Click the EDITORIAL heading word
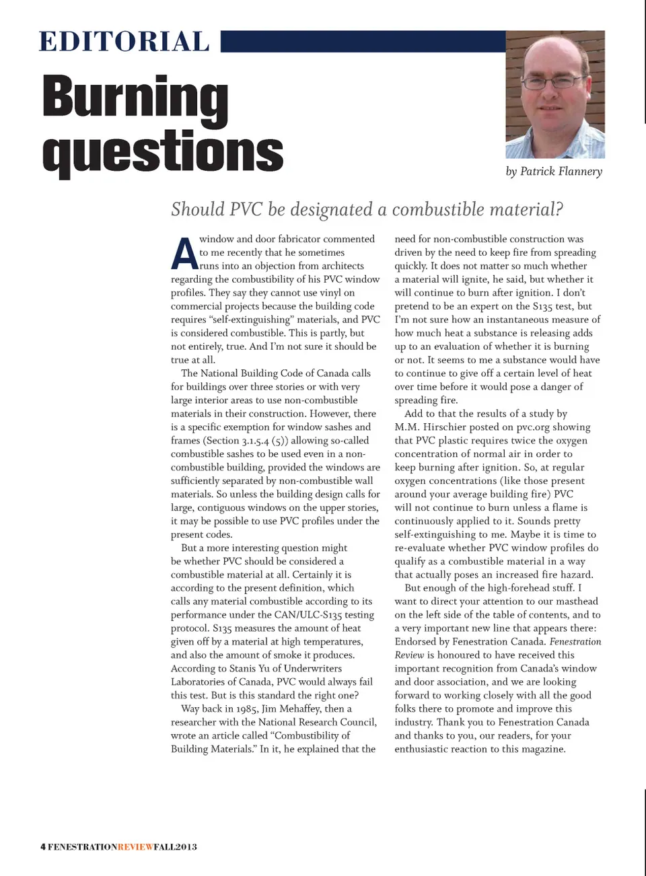pos(124,42)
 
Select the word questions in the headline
pos(163,151)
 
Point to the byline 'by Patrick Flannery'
pos(554,172)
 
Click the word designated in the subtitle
pos(332,209)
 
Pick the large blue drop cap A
pos(184,253)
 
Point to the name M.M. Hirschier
pos(425,427)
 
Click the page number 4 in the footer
pos(43,846)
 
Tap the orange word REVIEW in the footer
pos(135,846)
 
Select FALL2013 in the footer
pos(175,846)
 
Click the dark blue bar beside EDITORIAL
pos(363,41)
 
